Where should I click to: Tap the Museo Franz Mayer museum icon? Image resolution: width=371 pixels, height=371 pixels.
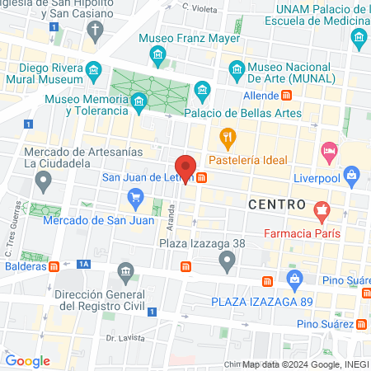coord(158,55)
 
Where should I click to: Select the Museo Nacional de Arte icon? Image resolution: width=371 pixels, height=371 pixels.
coord(236,68)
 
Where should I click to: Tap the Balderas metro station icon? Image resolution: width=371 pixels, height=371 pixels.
coord(54,265)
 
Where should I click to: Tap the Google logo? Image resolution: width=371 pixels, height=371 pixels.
coord(28,360)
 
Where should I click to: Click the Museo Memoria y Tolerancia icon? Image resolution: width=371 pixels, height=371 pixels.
coord(138,102)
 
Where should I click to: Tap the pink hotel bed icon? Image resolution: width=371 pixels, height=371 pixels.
coord(330,151)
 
